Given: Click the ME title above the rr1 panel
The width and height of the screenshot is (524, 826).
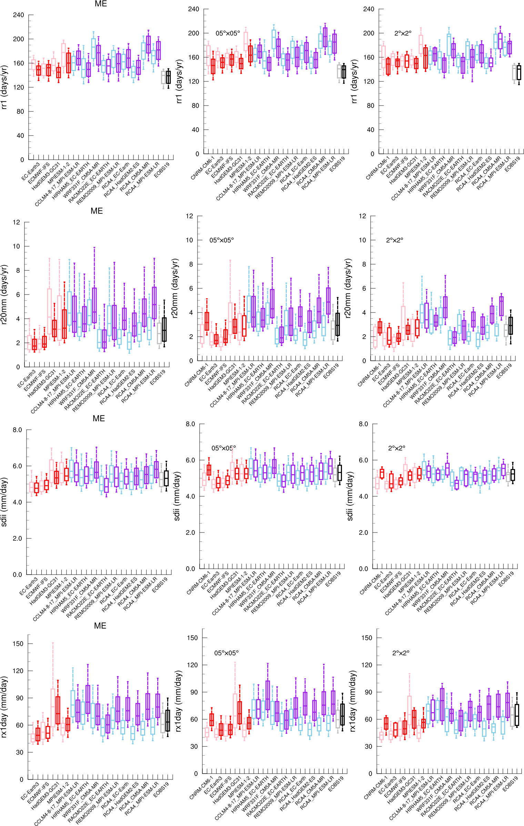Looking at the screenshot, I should tap(101, 4).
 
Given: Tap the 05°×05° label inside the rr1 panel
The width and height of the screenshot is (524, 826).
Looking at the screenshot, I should tap(228, 33).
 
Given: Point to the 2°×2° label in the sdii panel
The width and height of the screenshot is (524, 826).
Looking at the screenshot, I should tap(396, 448).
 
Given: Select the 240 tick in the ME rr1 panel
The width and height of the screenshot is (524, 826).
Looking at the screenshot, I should tap(19, 15).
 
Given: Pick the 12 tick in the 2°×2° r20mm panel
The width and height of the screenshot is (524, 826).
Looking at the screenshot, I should tap(362, 216).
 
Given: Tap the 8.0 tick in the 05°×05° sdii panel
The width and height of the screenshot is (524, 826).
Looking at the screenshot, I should tap(190, 424).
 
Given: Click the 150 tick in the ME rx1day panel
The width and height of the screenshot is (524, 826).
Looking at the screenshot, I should tap(18, 644).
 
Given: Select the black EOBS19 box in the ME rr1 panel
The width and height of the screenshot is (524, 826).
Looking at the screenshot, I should tap(168, 77).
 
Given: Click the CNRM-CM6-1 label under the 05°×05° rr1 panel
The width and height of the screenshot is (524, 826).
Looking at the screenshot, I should tap(203, 168).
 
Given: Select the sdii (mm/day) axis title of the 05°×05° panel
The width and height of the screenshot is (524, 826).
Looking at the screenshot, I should tap(177, 496).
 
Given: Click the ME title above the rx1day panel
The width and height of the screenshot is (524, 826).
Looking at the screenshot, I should tap(100, 626).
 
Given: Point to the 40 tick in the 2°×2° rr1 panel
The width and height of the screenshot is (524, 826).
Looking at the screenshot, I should tap(370, 130).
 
